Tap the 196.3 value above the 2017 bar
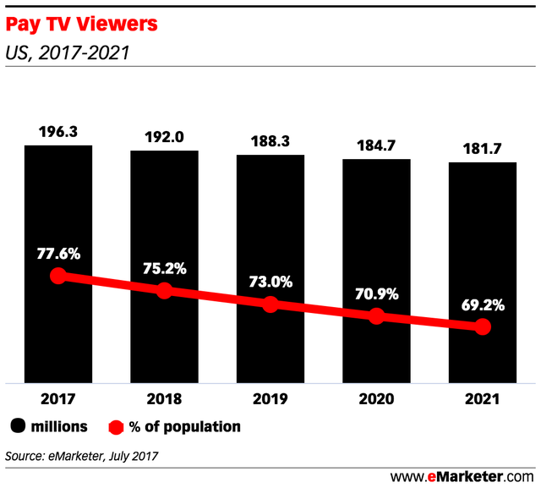[x=57, y=132]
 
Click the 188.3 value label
[x=270, y=142]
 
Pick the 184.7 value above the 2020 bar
[x=376, y=145]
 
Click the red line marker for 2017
[x=57, y=276]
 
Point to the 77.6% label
[x=57, y=252]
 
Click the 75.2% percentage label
[x=164, y=268]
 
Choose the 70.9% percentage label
[x=376, y=296]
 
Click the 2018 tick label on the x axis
[x=164, y=398]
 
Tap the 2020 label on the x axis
[x=376, y=398]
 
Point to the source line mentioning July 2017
[x=81, y=457]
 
